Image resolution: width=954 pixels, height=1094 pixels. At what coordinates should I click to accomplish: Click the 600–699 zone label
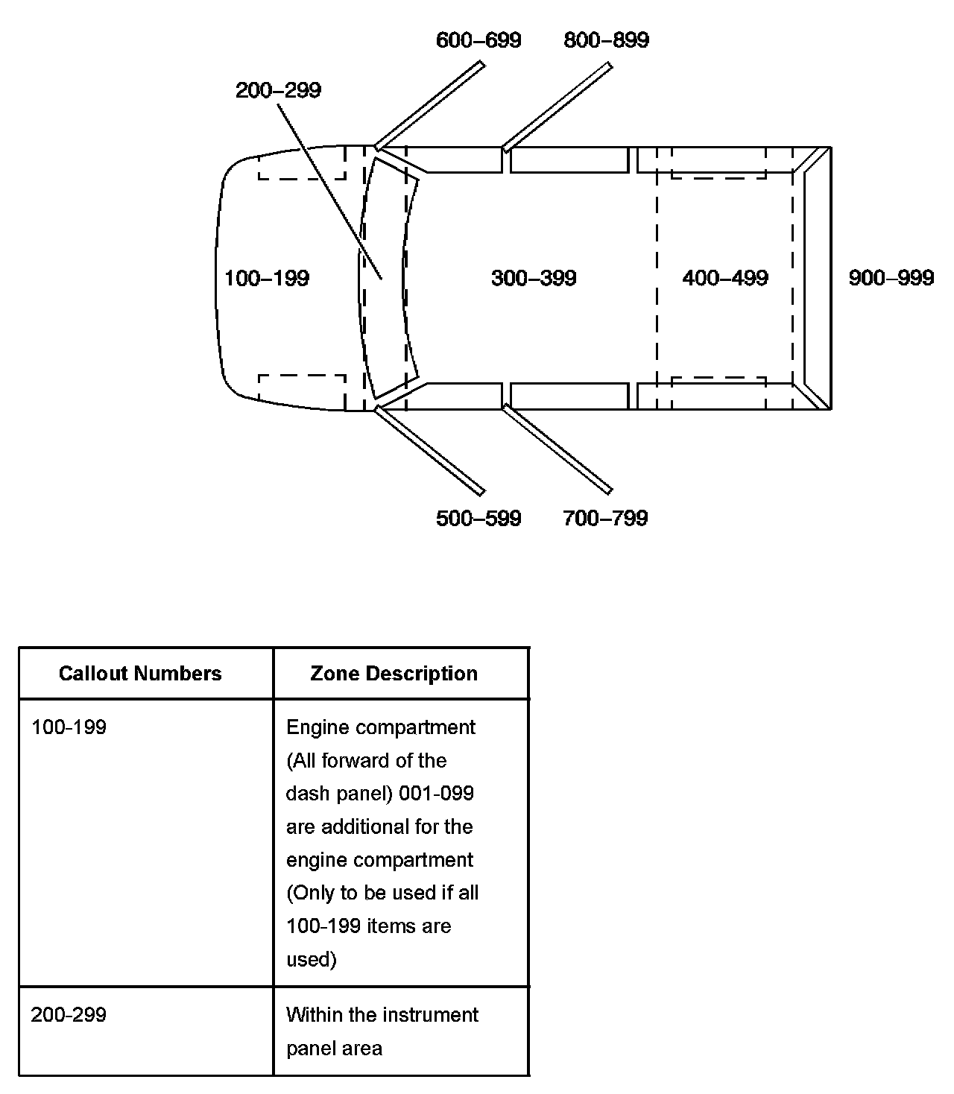tap(478, 40)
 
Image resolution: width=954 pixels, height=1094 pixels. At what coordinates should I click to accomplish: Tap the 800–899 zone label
tap(606, 40)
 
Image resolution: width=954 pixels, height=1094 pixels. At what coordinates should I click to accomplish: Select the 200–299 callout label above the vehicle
tap(278, 90)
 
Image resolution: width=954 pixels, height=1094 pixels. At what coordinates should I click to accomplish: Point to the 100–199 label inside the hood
tap(267, 279)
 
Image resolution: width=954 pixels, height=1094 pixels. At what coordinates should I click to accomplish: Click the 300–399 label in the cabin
tap(534, 279)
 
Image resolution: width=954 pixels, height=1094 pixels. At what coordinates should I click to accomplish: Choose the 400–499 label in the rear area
tap(725, 279)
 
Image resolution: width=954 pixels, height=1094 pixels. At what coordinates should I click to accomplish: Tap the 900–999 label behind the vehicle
tap(891, 279)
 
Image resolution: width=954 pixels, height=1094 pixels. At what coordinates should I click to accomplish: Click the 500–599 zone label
tap(478, 519)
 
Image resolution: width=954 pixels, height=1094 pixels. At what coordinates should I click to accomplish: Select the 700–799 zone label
tap(605, 519)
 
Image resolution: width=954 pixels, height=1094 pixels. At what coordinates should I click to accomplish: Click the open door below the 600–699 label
tap(430, 105)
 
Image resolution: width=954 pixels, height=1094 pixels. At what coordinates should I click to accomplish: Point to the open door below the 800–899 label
tap(557, 107)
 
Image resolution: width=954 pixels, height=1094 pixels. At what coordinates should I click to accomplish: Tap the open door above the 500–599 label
tap(430, 449)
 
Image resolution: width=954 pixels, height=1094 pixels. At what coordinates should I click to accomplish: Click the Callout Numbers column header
tap(140, 674)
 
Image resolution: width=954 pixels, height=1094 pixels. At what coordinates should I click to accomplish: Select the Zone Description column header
tap(394, 674)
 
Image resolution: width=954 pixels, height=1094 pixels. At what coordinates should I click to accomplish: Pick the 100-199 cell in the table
tap(69, 727)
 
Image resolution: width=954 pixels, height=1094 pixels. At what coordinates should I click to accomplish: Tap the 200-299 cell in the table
tap(69, 1015)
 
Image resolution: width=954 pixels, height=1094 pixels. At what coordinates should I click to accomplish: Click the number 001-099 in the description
tap(436, 794)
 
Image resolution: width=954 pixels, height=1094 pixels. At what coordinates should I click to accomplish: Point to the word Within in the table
tap(309, 1015)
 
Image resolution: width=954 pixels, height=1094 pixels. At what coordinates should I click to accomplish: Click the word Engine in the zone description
tap(312, 727)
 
